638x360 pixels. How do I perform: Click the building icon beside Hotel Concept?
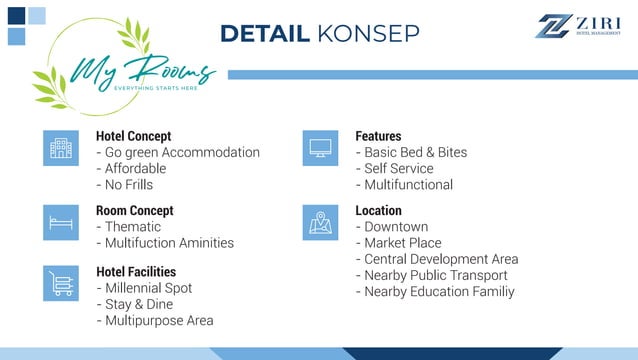click(61, 148)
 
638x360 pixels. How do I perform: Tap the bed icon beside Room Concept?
click(61, 222)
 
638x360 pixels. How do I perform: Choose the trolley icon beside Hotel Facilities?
click(61, 283)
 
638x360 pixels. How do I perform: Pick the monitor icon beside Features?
click(320, 148)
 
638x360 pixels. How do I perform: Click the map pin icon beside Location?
click(320, 222)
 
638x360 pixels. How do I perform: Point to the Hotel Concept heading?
click(133, 136)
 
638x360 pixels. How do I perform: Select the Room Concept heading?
click(134, 211)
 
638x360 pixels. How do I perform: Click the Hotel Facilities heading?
click(135, 271)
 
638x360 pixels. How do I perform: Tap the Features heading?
click(378, 136)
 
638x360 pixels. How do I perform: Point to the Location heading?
click(378, 211)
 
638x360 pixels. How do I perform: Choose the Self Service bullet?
click(403, 168)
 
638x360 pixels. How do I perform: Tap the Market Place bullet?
click(406, 243)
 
